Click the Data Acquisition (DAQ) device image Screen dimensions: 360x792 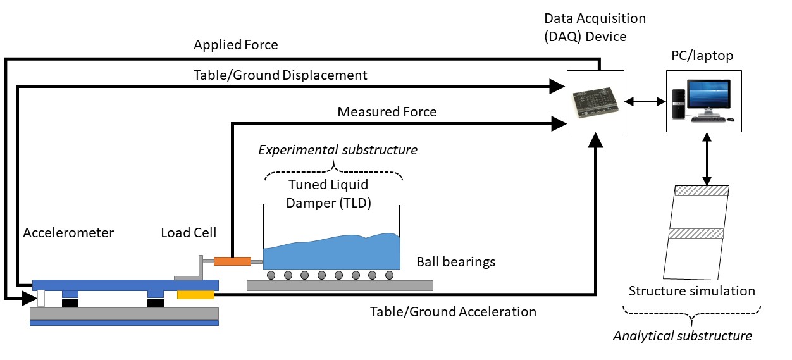595,101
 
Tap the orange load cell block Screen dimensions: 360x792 232,261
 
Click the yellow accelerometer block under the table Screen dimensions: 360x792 195,295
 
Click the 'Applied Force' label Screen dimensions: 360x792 235,45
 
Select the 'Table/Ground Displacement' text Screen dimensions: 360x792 280,75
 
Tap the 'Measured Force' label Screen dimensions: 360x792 387,112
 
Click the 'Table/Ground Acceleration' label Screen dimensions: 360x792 453,311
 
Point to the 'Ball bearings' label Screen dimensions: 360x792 455,262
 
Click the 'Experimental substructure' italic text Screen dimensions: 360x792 338,150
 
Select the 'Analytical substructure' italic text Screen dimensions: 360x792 683,335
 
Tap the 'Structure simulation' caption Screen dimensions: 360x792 692,291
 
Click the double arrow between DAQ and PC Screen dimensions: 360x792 645,101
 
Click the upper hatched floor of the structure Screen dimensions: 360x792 702,190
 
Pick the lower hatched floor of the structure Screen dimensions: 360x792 696,233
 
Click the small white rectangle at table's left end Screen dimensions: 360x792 41,298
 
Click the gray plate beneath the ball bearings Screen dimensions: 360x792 340,285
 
